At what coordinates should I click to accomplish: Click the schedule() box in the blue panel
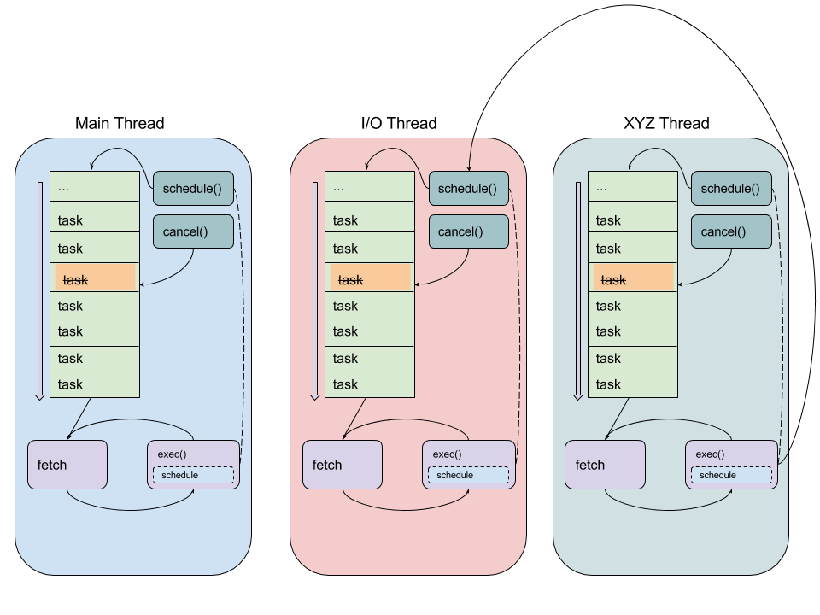tap(193, 189)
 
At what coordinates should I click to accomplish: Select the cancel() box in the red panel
tap(468, 231)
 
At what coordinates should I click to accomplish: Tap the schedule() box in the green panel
tap(730, 189)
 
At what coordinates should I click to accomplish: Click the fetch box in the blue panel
tap(67, 465)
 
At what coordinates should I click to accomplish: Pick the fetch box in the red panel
tap(343, 465)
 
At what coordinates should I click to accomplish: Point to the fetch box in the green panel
tap(606, 465)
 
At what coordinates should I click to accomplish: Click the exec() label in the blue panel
tap(172, 454)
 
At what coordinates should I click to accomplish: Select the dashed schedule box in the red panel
tap(468, 475)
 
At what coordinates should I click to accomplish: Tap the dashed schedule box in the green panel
tap(731, 475)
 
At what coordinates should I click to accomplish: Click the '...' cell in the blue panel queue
tap(94, 187)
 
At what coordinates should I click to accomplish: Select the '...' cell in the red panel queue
tap(369, 187)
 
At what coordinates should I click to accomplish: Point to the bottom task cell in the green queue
tap(632, 384)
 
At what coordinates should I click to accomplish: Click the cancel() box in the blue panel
tap(193, 231)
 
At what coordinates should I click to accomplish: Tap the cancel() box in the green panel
tap(730, 231)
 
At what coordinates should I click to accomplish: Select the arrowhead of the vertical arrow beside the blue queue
tap(39, 396)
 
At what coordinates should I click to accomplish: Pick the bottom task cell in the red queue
tap(369, 384)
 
